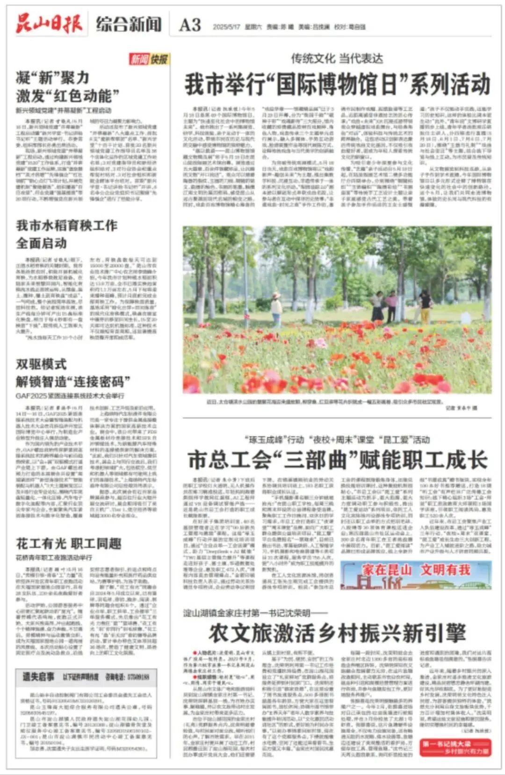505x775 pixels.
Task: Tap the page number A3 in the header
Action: click(x=190, y=25)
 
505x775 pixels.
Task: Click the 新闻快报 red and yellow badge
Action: click(x=149, y=59)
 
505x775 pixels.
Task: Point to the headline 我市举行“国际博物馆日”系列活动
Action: click(x=337, y=85)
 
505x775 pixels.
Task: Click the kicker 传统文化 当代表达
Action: click(x=337, y=58)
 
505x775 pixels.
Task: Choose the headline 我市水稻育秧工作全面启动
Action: click(x=67, y=234)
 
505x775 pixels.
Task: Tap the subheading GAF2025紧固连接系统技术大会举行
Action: click(x=70, y=396)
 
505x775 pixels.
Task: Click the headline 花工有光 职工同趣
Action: click(x=69, y=543)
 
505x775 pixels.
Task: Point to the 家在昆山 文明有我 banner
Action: click(x=416, y=575)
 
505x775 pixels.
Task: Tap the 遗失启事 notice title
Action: click(x=38, y=676)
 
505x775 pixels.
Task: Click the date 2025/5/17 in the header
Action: click(x=226, y=27)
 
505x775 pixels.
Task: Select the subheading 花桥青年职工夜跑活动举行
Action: click(x=54, y=558)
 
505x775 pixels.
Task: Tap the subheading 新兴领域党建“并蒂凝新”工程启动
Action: click(x=64, y=110)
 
